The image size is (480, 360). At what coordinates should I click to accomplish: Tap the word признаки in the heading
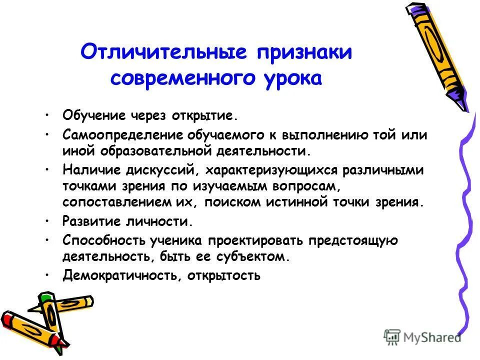pyautogui.click(x=302, y=53)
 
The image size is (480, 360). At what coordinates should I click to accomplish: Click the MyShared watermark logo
pyautogui.click(x=422, y=336)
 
